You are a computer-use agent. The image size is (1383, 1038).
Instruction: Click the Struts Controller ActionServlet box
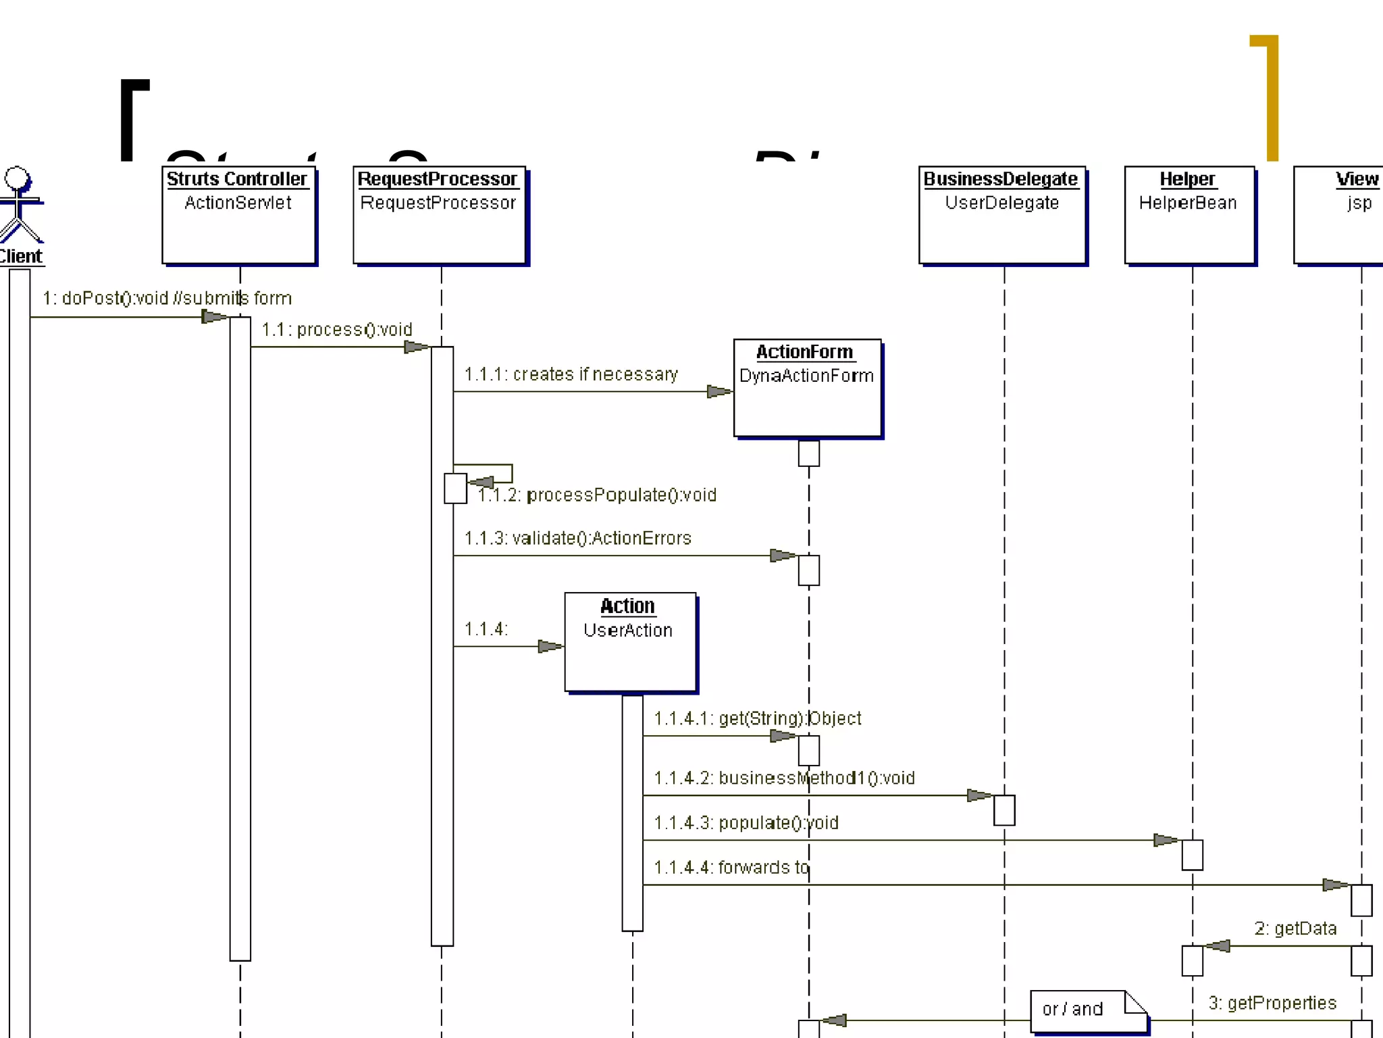pos(239,215)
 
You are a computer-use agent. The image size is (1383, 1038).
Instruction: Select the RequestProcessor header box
pos(439,215)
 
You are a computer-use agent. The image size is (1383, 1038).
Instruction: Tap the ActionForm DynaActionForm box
pos(807,388)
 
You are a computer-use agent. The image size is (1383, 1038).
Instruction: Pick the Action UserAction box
pos(630,642)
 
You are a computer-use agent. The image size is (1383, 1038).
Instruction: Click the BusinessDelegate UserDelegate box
pos(1002,215)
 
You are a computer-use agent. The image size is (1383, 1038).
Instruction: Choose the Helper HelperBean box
pos(1189,215)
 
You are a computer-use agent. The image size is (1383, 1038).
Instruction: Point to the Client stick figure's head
pos(16,178)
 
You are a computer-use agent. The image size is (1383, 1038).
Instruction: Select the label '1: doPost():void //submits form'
pos(167,298)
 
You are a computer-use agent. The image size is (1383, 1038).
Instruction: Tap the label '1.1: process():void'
pos(336,330)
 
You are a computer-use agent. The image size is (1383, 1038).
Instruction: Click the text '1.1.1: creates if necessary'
pos(571,374)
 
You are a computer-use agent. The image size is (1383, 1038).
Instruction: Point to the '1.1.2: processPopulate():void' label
pos(597,495)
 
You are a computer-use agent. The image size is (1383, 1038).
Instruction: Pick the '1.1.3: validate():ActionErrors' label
pos(577,539)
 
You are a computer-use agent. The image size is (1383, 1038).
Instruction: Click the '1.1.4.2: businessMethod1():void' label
pos(784,778)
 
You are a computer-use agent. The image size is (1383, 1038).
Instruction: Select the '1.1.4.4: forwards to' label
pos(731,868)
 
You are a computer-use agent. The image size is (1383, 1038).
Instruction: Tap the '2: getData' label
pos(1295,929)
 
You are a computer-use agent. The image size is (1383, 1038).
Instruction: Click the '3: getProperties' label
pos(1272,1004)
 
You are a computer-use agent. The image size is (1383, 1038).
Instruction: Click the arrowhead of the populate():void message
pos(1166,841)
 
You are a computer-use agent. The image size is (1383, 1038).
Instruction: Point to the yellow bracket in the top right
pos(1272,98)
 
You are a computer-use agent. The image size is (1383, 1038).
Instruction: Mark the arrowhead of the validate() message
pos(783,555)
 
